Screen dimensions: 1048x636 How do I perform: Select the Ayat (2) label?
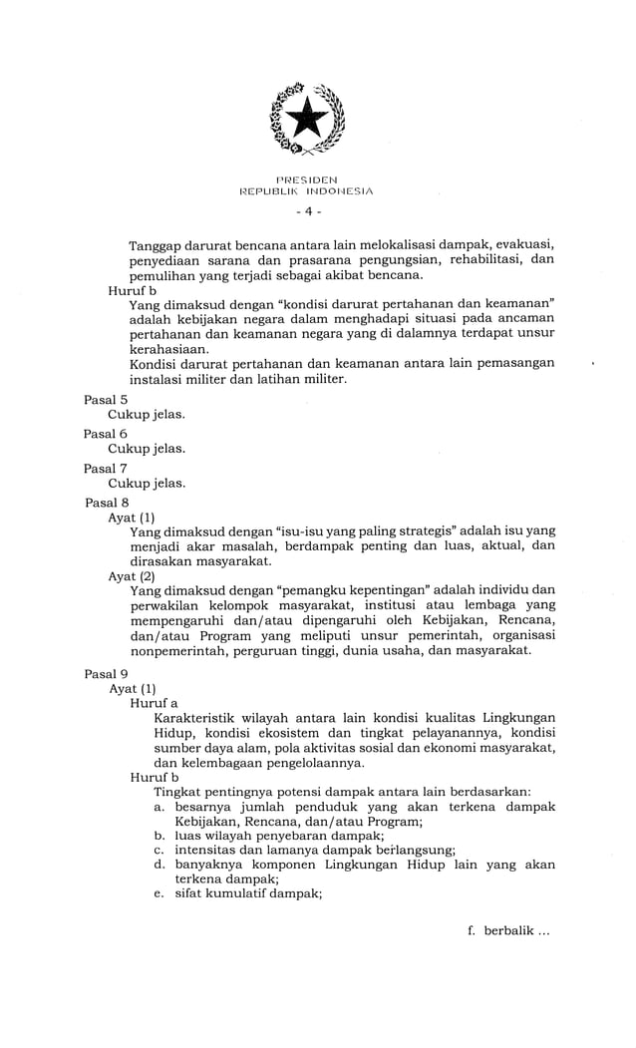click(x=132, y=575)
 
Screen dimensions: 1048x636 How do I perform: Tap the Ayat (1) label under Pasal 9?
click(x=132, y=688)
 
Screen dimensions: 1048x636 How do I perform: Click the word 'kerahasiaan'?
click(x=170, y=349)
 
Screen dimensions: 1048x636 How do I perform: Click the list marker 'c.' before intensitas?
click(x=159, y=850)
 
